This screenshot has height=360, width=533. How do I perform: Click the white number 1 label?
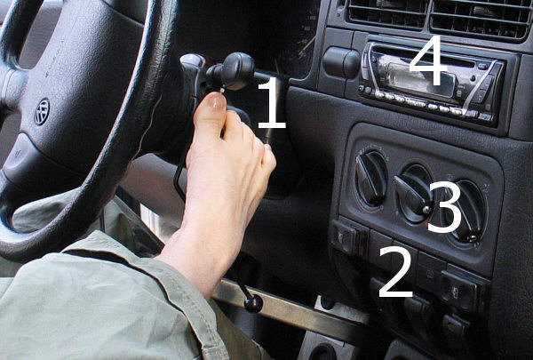click(272, 103)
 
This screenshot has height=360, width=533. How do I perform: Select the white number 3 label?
click(445, 207)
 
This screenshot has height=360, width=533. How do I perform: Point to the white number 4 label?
click(427, 60)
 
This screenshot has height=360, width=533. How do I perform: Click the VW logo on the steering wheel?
click(42, 112)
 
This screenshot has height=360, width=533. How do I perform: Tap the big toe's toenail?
click(215, 101)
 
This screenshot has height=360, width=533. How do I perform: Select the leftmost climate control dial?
click(370, 179)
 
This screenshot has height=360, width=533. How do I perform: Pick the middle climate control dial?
click(414, 194)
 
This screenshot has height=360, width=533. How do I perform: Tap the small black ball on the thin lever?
click(253, 303)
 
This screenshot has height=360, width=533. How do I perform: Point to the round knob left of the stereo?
click(341, 62)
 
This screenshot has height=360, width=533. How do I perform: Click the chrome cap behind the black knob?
click(193, 60)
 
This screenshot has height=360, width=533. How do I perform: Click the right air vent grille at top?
click(480, 20)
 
